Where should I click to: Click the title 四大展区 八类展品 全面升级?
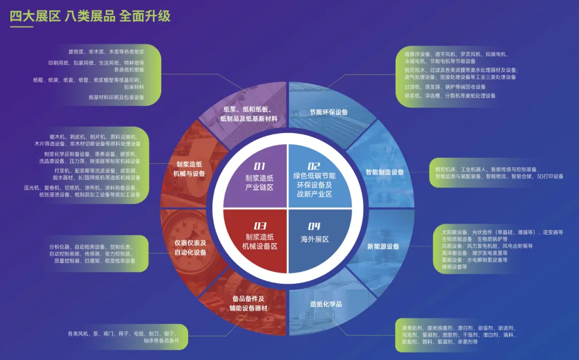(90, 16)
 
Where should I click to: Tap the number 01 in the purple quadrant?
(259, 166)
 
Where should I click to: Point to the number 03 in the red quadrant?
(260, 226)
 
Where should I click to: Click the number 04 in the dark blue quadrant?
(314, 226)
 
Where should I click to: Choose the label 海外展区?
(315, 239)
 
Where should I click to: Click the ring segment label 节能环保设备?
(329, 112)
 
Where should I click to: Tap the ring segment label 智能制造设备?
(384, 172)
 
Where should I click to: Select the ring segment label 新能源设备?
(383, 246)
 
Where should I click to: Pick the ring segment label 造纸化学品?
(326, 304)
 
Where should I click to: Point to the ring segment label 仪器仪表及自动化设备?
(190, 247)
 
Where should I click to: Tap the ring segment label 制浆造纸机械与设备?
(189, 169)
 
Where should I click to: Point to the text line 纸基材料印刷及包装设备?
(116, 97)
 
